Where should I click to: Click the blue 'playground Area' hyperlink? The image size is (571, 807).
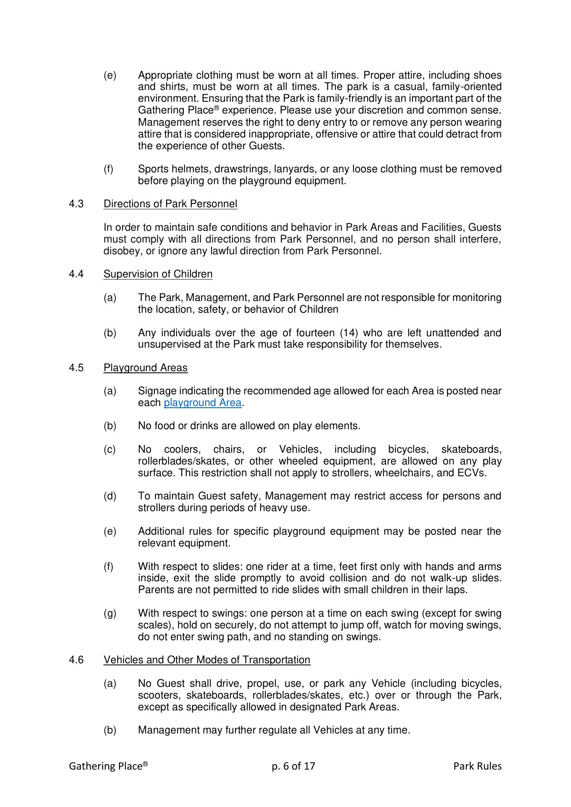tap(202, 403)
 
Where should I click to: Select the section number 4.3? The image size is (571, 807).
tap(76, 204)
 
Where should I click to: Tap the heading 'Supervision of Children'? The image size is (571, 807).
tap(158, 274)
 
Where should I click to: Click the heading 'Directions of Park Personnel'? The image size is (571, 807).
tap(170, 204)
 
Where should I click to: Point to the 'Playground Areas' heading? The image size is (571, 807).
tap(145, 368)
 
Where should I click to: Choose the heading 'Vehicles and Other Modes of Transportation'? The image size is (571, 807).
tap(207, 660)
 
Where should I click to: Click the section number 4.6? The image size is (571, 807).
tap(76, 660)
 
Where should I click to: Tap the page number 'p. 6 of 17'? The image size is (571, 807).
tap(293, 766)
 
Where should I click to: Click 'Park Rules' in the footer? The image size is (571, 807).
tap(477, 766)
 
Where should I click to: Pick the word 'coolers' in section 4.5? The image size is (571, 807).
tap(182, 449)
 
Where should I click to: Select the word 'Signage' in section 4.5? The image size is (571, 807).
tap(157, 391)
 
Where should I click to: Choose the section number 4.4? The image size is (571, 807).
tap(76, 274)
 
